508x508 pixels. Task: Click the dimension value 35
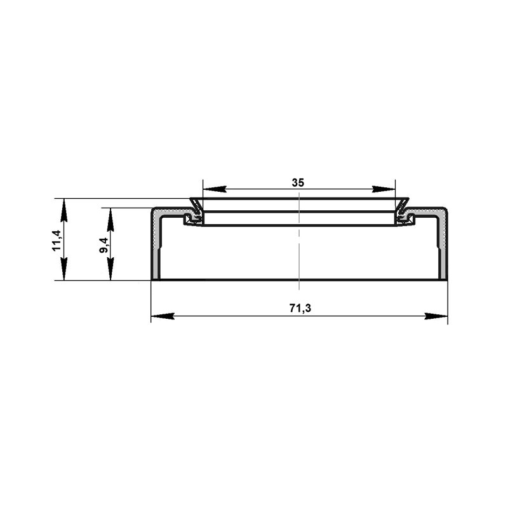pyautogui.click(x=298, y=183)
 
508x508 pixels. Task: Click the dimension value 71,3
pyautogui.click(x=300, y=308)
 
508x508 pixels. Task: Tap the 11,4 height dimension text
pyautogui.click(x=57, y=240)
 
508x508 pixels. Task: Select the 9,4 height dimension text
pyautogui.click(x=104, y=245)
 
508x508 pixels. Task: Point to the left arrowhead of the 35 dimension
pyautogui.click(x=214, y=189)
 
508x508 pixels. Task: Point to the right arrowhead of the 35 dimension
pyautogui.click(x=384, y=189)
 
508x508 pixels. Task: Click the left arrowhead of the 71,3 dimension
pyautogui.click(x=163, y=316)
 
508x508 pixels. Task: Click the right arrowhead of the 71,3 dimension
pyautogui.click(x=436, y=316)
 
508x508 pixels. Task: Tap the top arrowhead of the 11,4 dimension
pyautogui.click(x=64, y=210)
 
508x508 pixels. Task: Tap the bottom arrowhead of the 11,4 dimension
pyautogui.click(x=64, y=269)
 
